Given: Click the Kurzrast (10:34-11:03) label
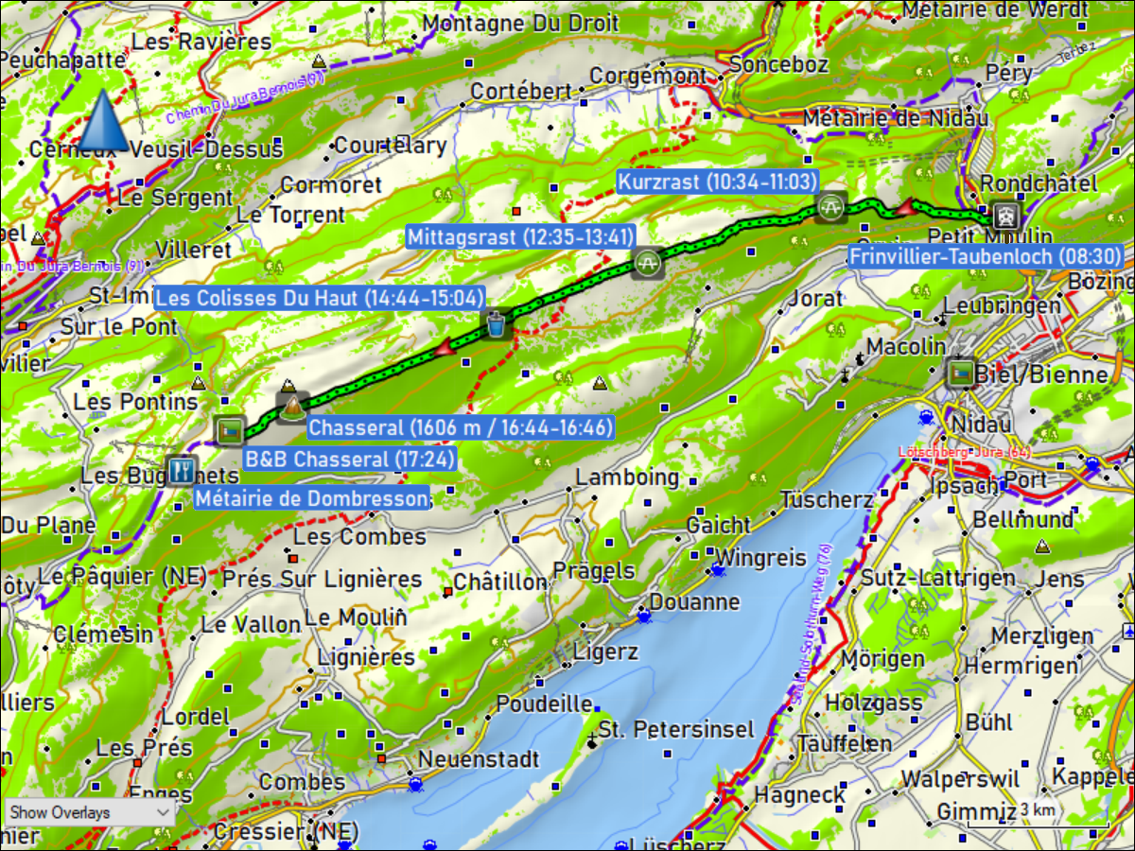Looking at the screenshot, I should pos(716,182).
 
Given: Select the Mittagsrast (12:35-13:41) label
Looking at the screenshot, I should pos(520,236).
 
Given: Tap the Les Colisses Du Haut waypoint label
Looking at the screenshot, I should pos(320,298).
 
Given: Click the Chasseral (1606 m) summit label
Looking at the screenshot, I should pos(462,427).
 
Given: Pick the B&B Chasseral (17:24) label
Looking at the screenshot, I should pos(349,460).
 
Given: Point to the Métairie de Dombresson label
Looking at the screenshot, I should pos(311,497).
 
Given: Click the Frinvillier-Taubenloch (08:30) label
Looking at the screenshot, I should pos(986,256).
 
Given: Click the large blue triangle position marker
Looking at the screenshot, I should pos(103,121).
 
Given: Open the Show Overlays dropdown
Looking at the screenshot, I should pos(90,812).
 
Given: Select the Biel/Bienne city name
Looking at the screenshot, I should pos(1040,375).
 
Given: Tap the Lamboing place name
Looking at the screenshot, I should pos(627,478).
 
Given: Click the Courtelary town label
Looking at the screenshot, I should pos(390,146).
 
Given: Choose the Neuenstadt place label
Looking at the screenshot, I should pos(479,759).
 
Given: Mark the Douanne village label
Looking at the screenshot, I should pos(694,601).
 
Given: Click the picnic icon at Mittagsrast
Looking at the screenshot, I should pos(648,262).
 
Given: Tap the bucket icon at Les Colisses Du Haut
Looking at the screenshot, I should pos(496,324).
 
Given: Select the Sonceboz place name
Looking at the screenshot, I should pos(779,64).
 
